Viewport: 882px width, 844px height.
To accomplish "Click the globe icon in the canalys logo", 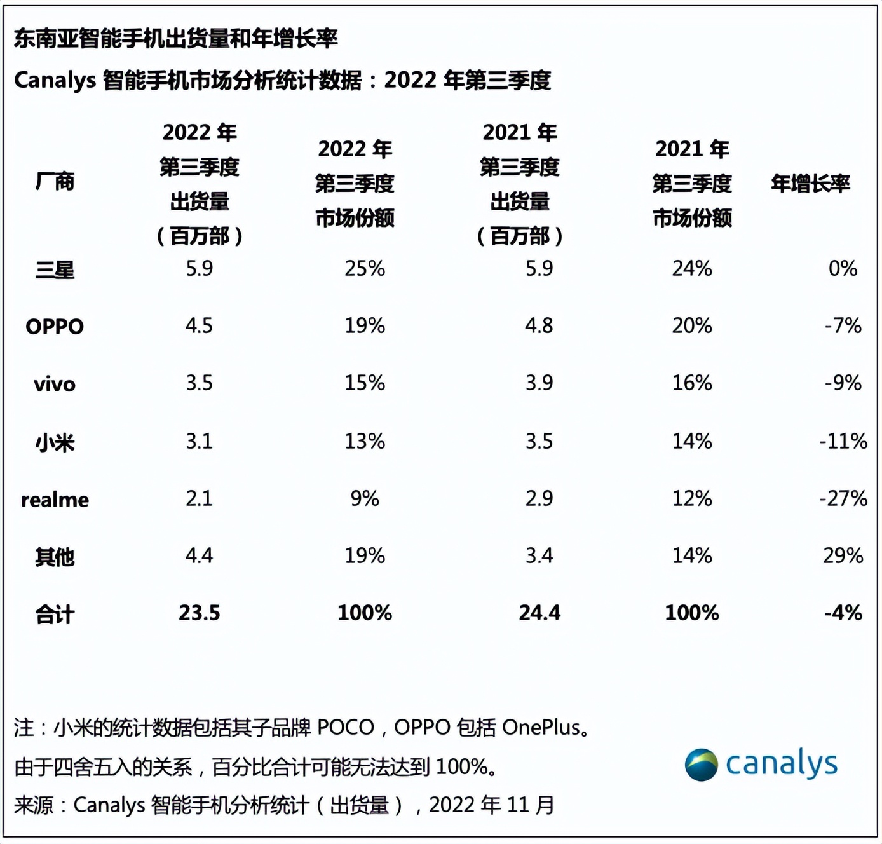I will coord(701,765).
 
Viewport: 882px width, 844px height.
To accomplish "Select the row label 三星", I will coord(55,270).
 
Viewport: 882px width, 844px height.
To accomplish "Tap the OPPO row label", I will coord(55,327).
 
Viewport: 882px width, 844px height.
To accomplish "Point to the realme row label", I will coord(55,500).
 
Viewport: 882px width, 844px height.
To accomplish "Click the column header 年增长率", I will coord(810,184).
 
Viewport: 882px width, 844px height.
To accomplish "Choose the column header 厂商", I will coord(55,182).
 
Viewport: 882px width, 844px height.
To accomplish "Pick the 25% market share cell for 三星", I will coord(365,269).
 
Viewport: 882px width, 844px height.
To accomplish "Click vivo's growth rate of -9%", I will coord(843,383).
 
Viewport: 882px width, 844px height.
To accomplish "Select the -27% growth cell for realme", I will coord(843,498).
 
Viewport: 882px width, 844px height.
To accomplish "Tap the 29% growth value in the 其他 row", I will coord(843,556).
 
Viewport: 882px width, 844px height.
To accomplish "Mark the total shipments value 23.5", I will coord(199,613).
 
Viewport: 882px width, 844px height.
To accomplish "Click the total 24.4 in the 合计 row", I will coord(539,613).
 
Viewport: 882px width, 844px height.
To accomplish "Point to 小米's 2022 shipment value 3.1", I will coord(199,441).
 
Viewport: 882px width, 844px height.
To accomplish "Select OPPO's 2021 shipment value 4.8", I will coord(539,326).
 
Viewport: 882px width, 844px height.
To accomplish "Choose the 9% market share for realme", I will coord(365,498).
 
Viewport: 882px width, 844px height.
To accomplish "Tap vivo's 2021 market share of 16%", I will coord(692,383).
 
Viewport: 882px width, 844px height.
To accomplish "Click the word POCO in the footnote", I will coord(346,727).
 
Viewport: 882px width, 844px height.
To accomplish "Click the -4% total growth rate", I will coord(843,613).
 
